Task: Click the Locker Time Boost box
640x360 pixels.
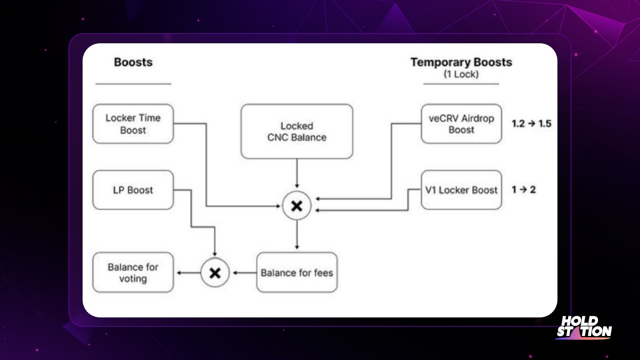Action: click(133, 124)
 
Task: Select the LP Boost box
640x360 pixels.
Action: click(133, 190)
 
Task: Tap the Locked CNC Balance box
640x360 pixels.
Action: click(297, 132)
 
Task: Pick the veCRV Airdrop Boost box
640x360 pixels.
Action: click(461, 124)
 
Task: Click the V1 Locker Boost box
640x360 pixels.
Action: click(461, 190)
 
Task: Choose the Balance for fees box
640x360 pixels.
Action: click(297, 272)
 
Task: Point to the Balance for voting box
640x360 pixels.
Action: click(133, 272)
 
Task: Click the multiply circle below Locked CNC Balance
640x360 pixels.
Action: click(297, 206)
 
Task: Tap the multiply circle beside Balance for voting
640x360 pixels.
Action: click(215, 273)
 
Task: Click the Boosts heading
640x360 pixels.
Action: click(133, 62)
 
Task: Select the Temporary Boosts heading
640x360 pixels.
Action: click(461, 62)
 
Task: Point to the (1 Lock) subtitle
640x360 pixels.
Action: click(461, 74)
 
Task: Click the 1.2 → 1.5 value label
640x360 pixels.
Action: click(531, 124)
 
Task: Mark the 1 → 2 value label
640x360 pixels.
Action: click(524, 190)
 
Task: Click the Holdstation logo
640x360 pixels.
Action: click(584, 327)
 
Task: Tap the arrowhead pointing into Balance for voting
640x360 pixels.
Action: click(179, 273)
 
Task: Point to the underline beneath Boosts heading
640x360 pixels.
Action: click(133, 84)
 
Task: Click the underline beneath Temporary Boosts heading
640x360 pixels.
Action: click(461, 84)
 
